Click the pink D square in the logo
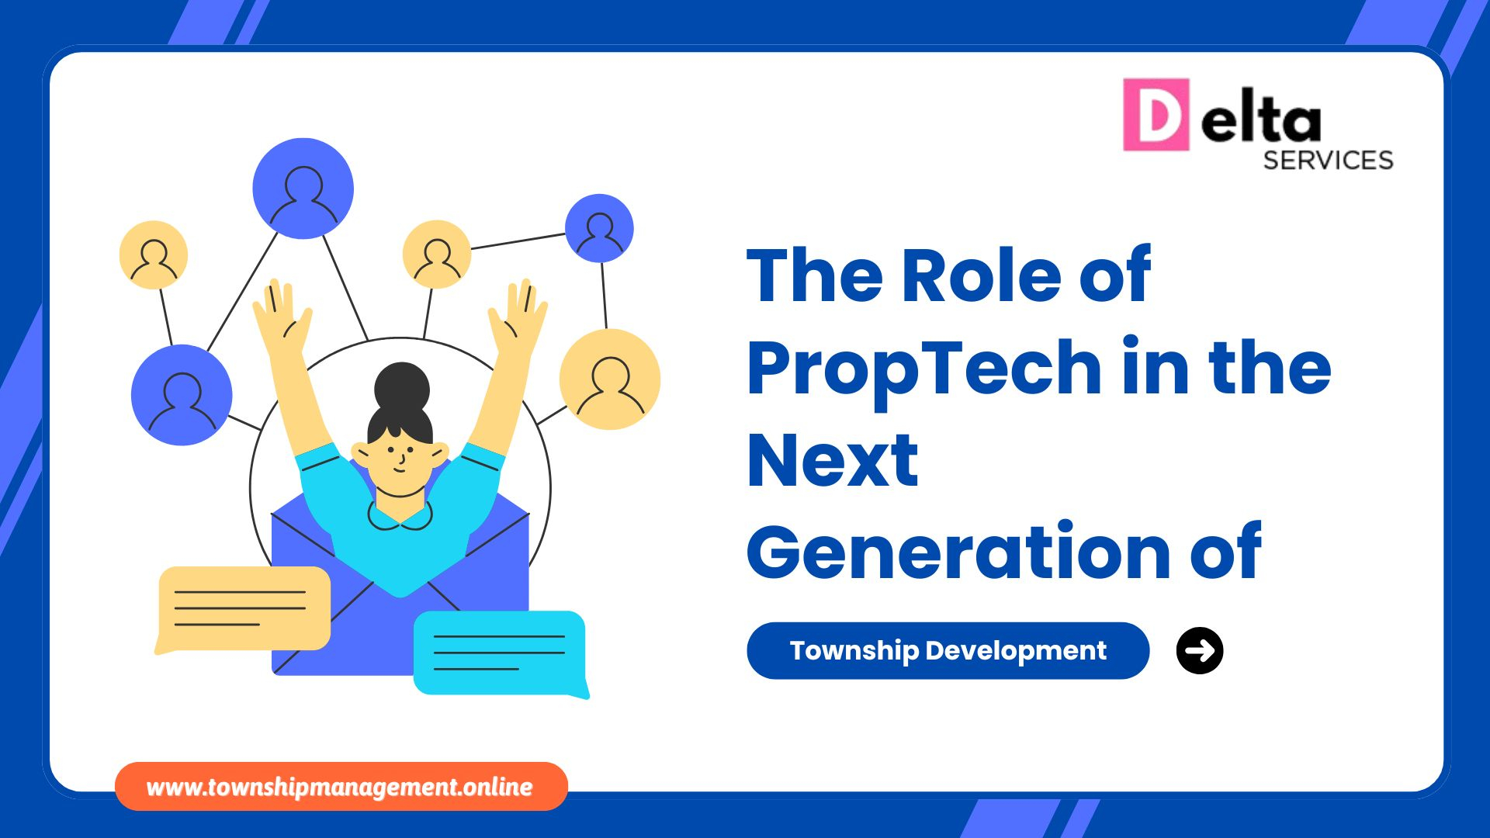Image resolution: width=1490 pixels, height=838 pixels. [x=1156, y=114]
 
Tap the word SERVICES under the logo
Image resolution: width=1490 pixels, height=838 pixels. [x=1328, y=160]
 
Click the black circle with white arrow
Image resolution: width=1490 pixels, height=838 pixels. [x=1200, y=650]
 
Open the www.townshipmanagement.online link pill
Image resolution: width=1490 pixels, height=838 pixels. [x=341, y=787]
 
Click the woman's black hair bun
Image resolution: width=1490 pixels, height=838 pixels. [x=401, y=386]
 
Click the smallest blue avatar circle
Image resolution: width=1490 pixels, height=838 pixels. [x=599, y=228]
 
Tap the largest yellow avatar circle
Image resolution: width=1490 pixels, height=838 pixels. [x=610, y=379]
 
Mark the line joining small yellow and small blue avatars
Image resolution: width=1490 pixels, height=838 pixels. [x=518, y=241]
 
